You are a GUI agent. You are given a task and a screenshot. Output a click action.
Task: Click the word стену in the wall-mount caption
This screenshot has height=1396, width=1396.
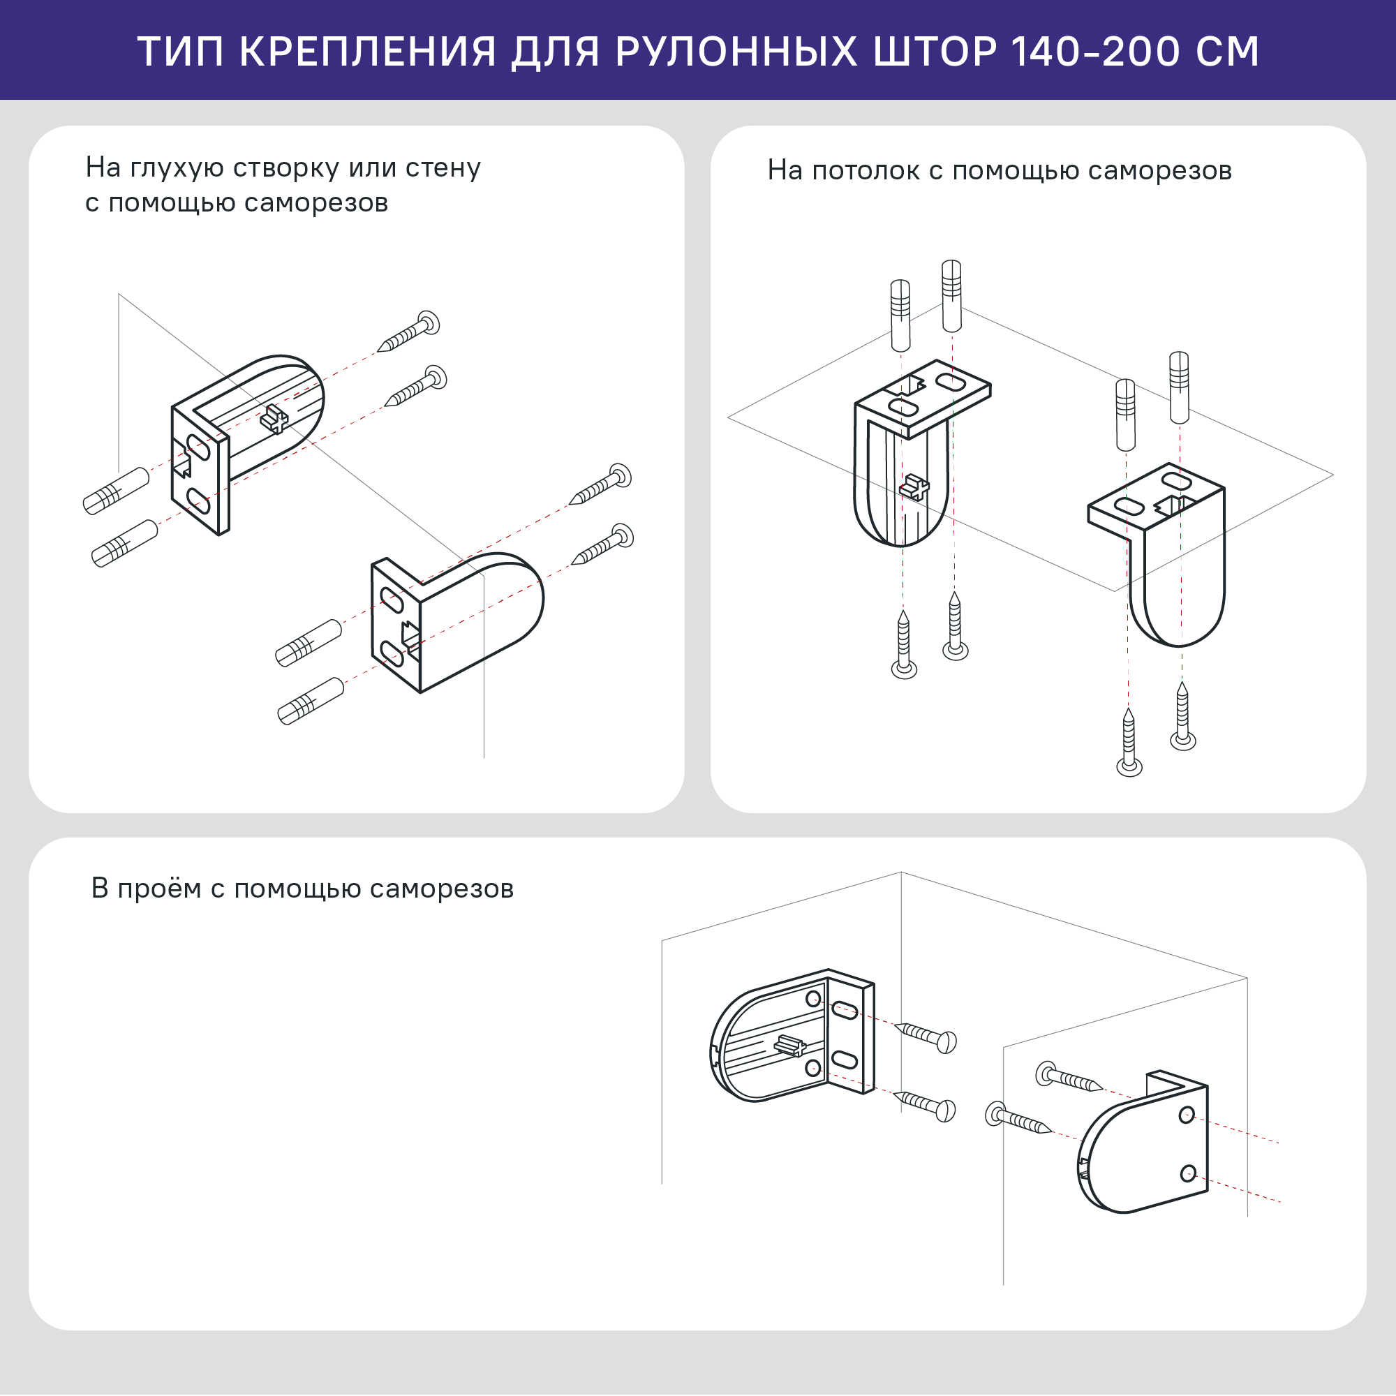coord(443,168)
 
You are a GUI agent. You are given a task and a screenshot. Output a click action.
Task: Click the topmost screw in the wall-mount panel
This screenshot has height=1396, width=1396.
coord(410,332)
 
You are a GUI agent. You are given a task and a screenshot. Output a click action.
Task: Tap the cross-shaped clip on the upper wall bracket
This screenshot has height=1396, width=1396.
coord(274,418)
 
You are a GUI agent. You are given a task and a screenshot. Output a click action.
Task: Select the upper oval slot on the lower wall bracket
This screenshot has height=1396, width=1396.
coord(392,600)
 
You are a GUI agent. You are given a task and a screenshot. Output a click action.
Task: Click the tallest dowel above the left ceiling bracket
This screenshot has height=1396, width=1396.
coord(951,296)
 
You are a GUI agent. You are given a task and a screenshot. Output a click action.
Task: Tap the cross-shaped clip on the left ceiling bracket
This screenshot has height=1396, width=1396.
coord(914,488)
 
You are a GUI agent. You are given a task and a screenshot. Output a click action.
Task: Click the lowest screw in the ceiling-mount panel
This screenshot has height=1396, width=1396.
coord(1129,744)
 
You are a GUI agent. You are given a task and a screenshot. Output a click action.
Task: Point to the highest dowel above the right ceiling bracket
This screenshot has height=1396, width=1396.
coord(1179,387)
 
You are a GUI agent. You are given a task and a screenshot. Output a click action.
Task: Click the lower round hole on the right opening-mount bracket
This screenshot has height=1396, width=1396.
coord(1187,1173)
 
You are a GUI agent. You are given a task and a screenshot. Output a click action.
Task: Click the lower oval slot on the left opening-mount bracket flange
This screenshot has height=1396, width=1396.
coord(844,1060)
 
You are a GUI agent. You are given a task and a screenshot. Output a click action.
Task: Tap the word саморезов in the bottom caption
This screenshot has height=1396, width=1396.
coord(442,889)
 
